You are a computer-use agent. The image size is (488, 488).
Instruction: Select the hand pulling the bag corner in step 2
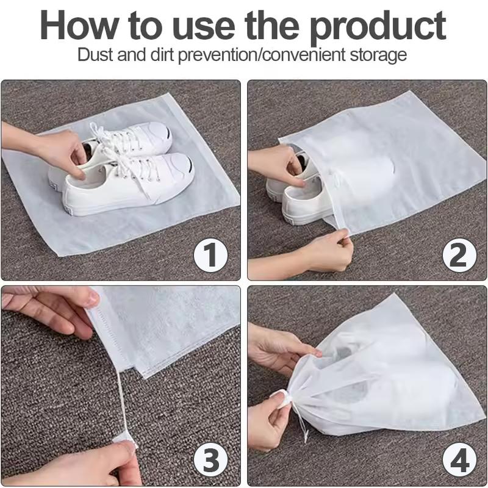323,250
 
